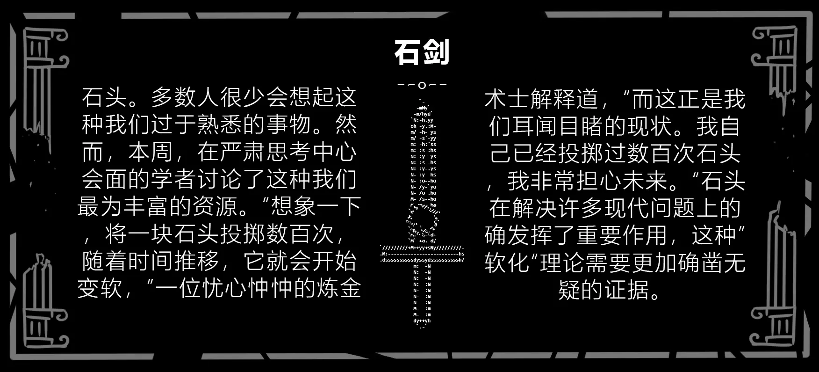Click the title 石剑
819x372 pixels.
pyautogui.click(x=422, y=52)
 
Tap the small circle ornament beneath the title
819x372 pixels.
pyautogui.click(x=422, y=85)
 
